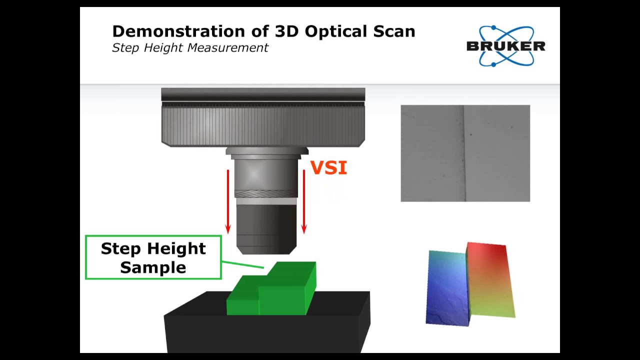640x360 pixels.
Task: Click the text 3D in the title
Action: point(286,31)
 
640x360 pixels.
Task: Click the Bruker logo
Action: point(505,46)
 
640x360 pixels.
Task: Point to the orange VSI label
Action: point(328,168)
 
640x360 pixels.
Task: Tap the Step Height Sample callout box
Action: point(153,257)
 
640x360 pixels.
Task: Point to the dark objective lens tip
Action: point(266,227)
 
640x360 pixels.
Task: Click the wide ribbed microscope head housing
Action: point(263,125)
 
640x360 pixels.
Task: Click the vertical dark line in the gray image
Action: point(464,153)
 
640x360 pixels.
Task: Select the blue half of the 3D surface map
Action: point(447,287)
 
